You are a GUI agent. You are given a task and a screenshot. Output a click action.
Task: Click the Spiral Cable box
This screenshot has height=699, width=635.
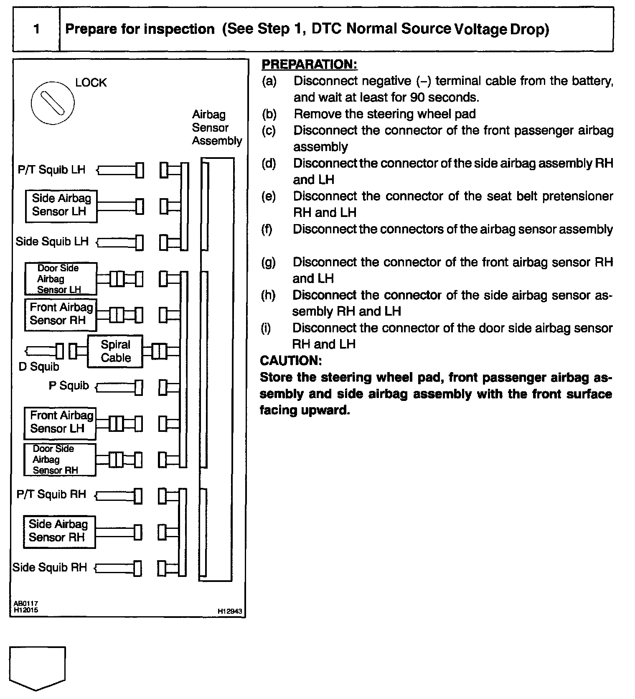click(x=115, y=351)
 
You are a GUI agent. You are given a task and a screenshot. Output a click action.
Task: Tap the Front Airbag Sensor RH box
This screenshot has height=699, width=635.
click(x=61, y=315)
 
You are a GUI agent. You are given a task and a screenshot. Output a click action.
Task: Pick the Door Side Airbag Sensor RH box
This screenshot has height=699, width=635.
click(x=60, y=459)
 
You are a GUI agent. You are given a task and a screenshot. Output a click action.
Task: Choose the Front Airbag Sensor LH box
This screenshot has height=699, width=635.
click(x=60, y=423)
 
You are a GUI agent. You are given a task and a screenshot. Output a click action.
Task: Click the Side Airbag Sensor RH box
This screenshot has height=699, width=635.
click(x=59, y=532)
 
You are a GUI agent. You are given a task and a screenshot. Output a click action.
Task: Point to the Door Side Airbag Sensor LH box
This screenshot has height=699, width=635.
click(x=61, y=279)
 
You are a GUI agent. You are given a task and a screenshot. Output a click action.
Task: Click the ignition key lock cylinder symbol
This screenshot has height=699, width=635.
click(x=53, y=102)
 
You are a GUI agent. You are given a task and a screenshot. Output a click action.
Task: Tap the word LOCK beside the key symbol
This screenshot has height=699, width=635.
click(x=91, y=83)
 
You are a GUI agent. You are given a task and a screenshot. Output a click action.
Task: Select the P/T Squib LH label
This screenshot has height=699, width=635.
click(x=51, y=170)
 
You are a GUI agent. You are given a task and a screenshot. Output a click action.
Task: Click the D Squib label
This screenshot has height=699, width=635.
click(x=39, y=367)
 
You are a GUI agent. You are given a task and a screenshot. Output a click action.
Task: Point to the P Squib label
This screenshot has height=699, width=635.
click(x=69, y=385)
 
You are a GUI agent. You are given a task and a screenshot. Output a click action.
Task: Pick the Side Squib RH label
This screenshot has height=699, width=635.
click(x=50, y=567)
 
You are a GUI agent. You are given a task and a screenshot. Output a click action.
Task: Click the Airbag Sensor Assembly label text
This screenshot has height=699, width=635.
click(x=216, y=128)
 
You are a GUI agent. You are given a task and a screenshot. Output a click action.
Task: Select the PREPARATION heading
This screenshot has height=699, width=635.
click(x=309, y=64)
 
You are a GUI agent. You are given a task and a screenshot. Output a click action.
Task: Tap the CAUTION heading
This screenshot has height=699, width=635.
click(x=291, y=361)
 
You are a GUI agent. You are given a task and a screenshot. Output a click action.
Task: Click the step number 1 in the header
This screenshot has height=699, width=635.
click(x=37, y=29)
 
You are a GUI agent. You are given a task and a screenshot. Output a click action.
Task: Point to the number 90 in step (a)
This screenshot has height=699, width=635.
click(x=418, y=97)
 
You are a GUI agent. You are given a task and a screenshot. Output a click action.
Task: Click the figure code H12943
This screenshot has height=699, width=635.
click(x=229, y=611)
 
